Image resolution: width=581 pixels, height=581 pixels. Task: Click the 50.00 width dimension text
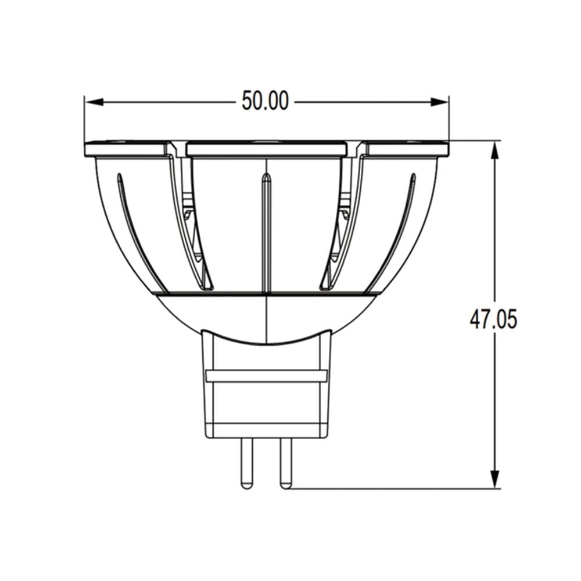[x=265, y=101]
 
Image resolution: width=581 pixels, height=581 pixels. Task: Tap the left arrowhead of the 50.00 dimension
[x=94, y=102]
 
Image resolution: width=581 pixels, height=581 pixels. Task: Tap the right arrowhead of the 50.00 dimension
[x=439, y=102]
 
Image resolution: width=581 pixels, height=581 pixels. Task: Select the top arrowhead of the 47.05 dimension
[x=494, y=150]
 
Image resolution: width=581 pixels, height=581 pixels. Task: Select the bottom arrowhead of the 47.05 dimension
[x=494, y=479]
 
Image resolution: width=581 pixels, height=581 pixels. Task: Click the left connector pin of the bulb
[x=247, y=463]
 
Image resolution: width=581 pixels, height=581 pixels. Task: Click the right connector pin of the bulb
[x=286, y=463]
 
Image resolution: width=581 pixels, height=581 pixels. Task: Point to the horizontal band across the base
[x=267, y=376]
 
